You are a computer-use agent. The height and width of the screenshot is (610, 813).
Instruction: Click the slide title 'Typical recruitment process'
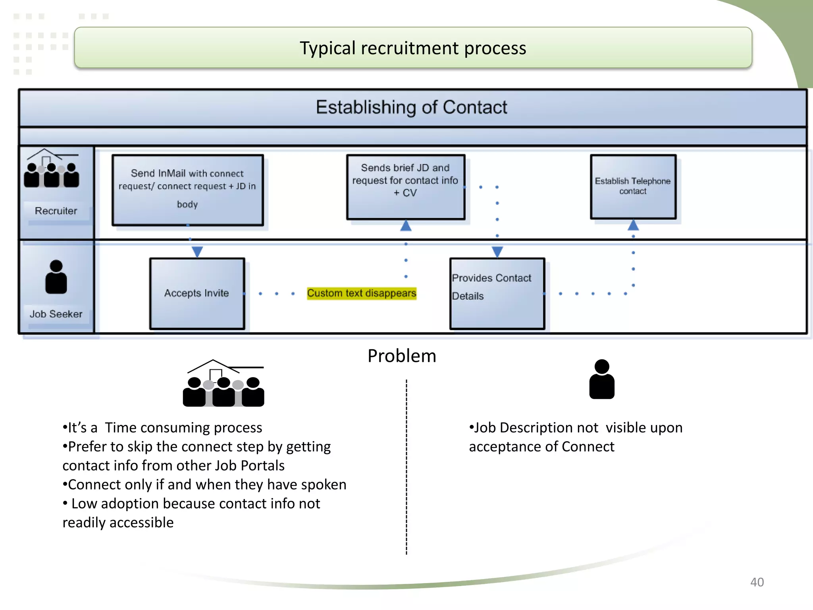coord(412,48)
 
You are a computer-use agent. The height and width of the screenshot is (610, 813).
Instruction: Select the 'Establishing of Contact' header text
coord(411,107)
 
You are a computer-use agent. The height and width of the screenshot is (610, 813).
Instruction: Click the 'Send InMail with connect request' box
coord(187,190)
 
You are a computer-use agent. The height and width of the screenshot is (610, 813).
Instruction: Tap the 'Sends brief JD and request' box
coord(405,186)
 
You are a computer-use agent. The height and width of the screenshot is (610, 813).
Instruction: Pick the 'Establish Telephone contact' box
coord(633,186)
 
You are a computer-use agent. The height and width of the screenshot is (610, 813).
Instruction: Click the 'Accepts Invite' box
coord(197,293)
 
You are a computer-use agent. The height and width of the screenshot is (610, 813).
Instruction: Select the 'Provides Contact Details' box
coord(497,293)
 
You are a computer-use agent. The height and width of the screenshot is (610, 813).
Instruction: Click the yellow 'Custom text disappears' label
coord(361,293)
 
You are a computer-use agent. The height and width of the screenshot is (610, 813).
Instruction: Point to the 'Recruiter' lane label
coord(56,211)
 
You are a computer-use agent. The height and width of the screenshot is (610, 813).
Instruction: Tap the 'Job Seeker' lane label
coord(56,314)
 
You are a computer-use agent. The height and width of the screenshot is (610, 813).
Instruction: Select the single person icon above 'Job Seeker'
coord(56,277)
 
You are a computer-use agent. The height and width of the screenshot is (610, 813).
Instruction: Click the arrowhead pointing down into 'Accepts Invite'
coord(197,251)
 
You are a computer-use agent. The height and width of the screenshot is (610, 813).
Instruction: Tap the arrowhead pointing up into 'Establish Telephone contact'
coord(633,226)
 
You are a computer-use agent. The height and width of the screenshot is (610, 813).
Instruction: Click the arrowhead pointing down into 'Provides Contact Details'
coord(497,251)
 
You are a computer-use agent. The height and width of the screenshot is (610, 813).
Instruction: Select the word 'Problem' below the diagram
coord(402,356)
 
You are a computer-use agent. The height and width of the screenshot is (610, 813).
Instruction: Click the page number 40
coord(757,582)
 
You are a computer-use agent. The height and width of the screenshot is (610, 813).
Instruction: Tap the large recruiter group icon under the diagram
coord(223,384)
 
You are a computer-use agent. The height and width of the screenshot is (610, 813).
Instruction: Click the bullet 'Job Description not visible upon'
coord(576,428)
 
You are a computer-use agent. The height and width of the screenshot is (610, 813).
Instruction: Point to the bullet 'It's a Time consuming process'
coord(163,428)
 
